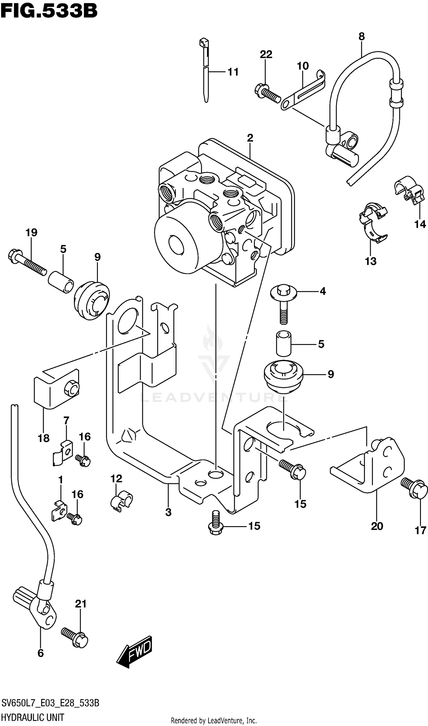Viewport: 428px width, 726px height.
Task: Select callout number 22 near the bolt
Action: point(266,54)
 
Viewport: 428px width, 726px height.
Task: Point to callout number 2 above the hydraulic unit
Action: point(250,138)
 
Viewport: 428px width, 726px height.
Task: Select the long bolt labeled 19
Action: point(27,263)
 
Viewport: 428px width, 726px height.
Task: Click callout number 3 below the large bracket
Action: point(168,512)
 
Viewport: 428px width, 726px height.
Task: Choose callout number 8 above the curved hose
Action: point(362,37)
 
